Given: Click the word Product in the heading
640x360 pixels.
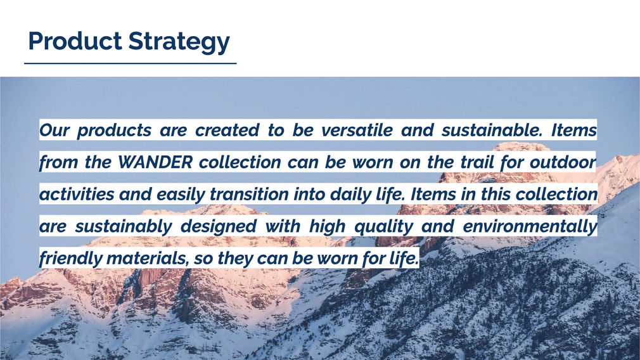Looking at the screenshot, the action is pyautogui.click(x=75, y=41).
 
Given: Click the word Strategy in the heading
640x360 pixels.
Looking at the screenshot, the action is pyautogui.click(x=179, y=42).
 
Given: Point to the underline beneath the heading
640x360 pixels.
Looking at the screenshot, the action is pyautogui.click(x=130, y=63).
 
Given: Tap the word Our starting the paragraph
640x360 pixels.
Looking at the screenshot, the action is pyautogui.click(x=54, y=130).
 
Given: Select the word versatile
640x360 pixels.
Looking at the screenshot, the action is pyautogui.click(x=357, y=130).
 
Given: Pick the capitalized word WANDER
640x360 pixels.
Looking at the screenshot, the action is pyautogui.click(x=155, y=162).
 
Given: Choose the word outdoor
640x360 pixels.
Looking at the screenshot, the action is pyautogui.click(x=563, y=162).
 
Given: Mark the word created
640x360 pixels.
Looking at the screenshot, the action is pyautogui.click(x=227, y=130).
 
